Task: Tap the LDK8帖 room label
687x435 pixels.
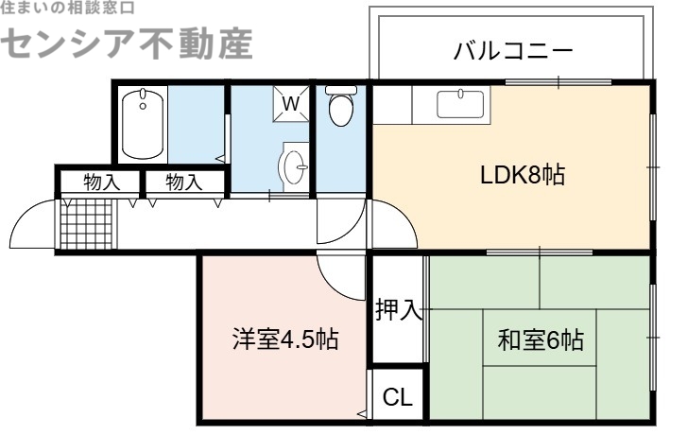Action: coord(523,176)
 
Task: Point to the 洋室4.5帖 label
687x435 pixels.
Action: coord(286,339)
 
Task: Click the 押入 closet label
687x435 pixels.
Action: coord(397,309)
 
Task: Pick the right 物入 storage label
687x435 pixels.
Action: coord(184,182)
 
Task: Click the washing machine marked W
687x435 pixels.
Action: coord(292,102)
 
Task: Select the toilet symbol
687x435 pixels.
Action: coord(339,106)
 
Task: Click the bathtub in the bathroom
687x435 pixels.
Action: coord(144,123)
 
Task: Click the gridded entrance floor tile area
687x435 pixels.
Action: coord(84,222)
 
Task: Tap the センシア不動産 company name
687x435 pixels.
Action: coord(130,43)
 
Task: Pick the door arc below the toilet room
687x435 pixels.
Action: coord(337,225)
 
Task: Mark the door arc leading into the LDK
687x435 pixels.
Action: coord(392,225)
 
